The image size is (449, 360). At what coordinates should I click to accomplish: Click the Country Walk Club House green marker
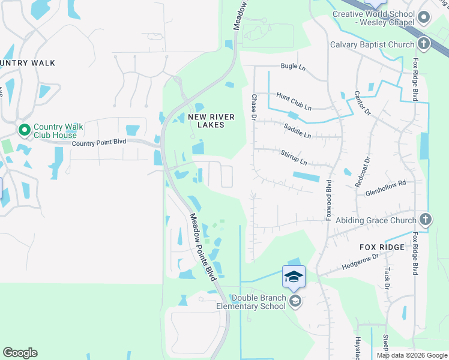tap(25, 130)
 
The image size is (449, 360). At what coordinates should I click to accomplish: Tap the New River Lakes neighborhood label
tap(206, 121)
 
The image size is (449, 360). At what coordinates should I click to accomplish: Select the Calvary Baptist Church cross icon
tap(424, 44)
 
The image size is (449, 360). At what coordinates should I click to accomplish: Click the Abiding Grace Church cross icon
tap(426, 220)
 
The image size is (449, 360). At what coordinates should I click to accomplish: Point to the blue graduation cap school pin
tap(294, 277)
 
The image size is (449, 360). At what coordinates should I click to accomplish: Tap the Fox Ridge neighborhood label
tap(382, 247)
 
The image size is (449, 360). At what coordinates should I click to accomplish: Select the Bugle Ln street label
tap(293, 67)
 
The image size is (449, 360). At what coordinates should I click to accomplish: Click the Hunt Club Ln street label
tap(294, 101)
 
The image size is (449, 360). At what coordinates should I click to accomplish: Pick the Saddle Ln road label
tap(297, 131)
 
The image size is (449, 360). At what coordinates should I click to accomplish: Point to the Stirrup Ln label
tap(294, 158)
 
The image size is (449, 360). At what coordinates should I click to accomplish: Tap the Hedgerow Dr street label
tap(360, 260)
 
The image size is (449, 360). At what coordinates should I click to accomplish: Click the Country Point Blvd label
tap(99, 143)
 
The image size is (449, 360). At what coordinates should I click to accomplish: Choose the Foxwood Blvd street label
tap(329, 199)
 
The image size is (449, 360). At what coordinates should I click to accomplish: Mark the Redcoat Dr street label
tap(364, 173)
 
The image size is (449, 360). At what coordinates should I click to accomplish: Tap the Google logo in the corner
tap(20, 353)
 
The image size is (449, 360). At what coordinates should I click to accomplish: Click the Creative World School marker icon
tap(424, 17)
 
